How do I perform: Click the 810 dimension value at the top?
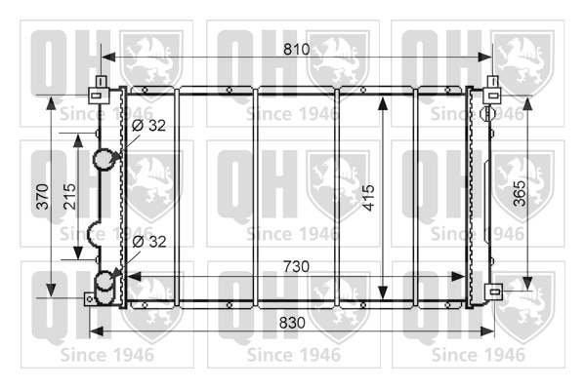[297, 49]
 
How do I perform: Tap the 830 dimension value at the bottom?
[292, 323]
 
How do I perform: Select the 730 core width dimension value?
[296, 266]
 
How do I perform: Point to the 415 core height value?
[368, 198]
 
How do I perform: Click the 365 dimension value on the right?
[520, 193]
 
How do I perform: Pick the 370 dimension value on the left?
[43, 196]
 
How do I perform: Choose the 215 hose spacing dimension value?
[69, 196]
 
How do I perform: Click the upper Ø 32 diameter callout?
[148, 126]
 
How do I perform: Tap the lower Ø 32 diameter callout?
[149, 242]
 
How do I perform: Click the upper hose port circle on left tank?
[104, 160]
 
